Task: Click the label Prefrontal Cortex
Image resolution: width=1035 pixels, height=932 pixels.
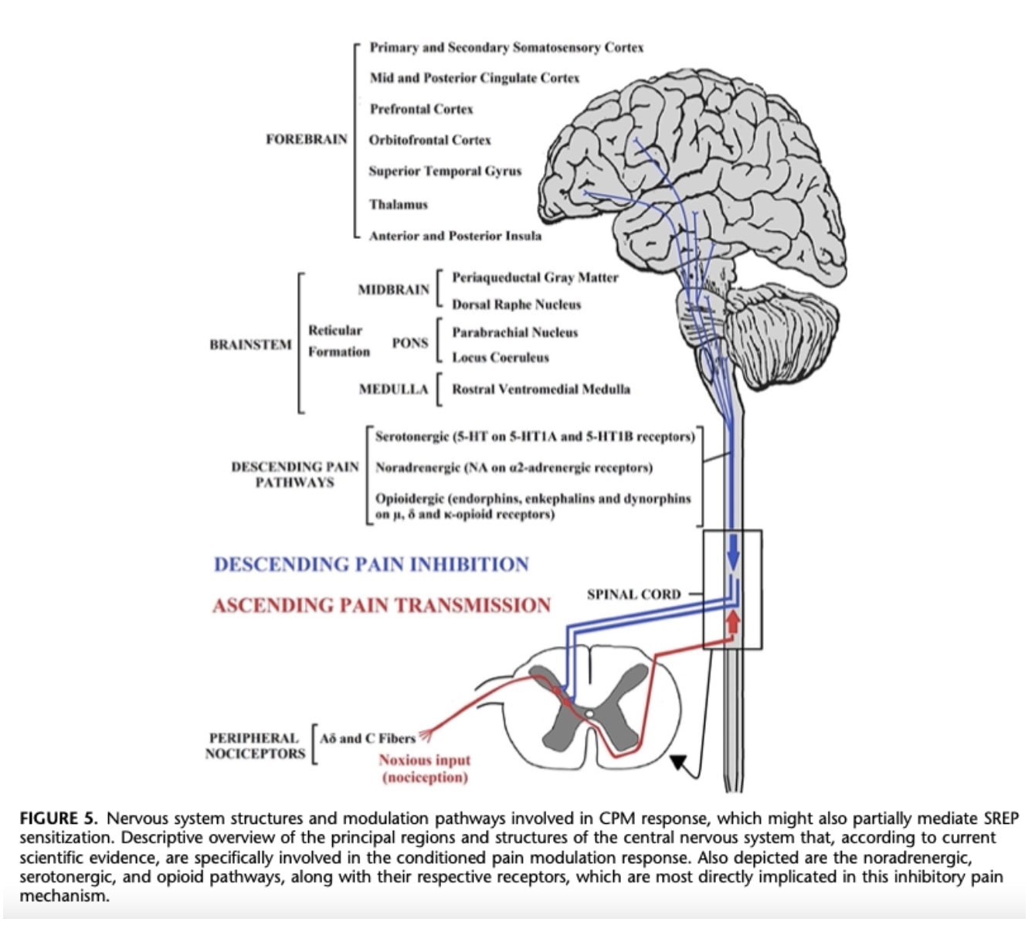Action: click(x=421, y=109)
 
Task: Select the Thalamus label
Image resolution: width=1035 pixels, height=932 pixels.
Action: click(x=398, y=205)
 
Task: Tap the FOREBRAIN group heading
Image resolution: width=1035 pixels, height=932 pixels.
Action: click(x=306, y=140)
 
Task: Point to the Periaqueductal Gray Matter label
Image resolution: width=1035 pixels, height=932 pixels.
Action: click(x=534, y=277)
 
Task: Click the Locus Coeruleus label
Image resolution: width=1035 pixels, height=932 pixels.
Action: click(x=500, y=358)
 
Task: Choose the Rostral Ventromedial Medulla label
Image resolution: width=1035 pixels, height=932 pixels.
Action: click(x=541, y=389)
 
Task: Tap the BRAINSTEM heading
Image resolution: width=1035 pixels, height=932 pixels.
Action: click(x=250, y=345)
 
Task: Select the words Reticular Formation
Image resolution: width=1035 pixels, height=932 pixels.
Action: click(x=338, y=341)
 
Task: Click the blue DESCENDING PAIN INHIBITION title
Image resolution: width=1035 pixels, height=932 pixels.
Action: click(x=371, y=564)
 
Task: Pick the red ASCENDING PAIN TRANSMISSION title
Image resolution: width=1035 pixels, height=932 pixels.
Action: click(x=382, y=605)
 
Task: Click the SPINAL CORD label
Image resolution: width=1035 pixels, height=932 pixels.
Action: click(x=633, y=594)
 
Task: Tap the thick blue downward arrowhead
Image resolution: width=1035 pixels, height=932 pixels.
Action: click(x=733, y=558)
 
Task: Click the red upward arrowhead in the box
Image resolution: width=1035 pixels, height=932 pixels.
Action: click(x=733, y=620)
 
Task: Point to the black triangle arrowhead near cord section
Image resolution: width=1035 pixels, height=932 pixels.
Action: click(x=678, y=763)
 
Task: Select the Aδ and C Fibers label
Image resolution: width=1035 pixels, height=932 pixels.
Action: click(x=368, y=738)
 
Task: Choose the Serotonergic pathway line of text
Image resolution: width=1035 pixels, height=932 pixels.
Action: click(x=534, y=437)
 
